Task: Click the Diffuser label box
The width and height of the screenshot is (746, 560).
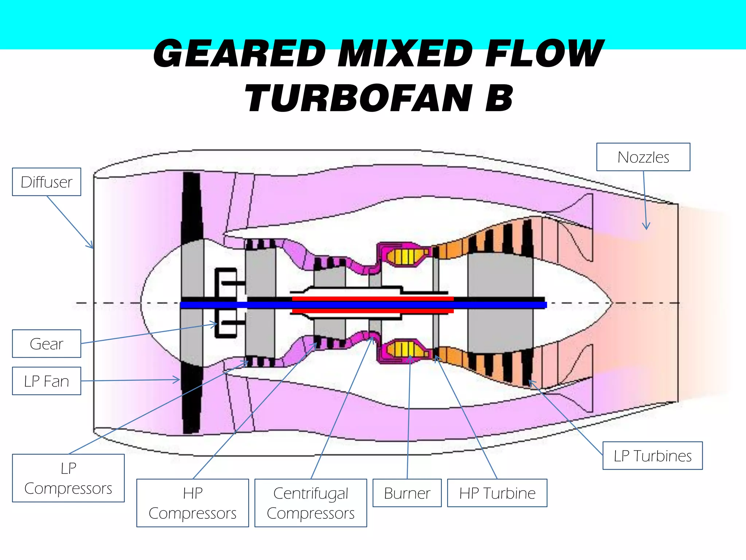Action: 47,182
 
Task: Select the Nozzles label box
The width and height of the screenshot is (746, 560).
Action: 643,157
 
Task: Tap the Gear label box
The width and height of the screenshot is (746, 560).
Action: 47,344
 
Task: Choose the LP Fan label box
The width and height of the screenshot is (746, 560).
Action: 47,381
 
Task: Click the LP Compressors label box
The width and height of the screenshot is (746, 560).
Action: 68,478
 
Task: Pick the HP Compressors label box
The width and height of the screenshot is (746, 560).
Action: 193,503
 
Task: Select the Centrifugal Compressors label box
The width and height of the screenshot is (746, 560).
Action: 311,503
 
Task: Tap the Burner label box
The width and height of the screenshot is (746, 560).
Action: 407,493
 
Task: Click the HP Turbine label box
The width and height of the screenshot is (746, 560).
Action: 497,493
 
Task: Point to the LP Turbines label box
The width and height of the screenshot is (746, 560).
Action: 652,456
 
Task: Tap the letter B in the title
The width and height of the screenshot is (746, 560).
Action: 498,98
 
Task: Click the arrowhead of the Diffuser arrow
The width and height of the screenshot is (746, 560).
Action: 91,246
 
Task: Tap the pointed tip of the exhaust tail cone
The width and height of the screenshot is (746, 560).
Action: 611,303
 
